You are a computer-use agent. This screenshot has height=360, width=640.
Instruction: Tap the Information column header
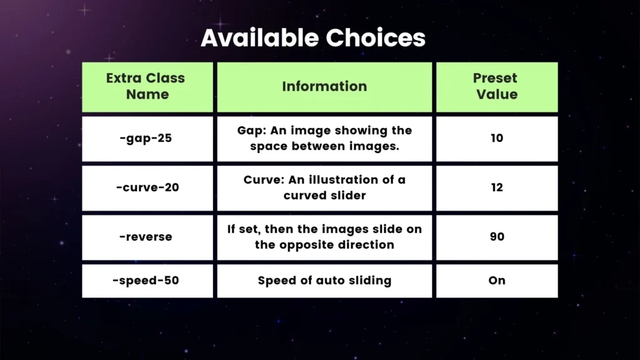click(x=324, y=86)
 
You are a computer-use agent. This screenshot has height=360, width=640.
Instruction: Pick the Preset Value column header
click(x=496, y=86)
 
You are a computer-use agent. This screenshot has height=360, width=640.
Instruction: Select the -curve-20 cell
click(x=147, y=187)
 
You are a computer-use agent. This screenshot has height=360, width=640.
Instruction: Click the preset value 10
click(x=496, y=138)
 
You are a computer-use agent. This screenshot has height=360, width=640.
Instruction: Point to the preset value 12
click(x=496, y=187)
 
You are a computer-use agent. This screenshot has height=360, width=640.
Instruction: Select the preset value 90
click(x=496, y=237)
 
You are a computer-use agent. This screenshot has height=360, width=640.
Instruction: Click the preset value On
click(x=496, y=280)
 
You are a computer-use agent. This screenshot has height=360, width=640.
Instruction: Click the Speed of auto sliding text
click(x=324, y=280)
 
